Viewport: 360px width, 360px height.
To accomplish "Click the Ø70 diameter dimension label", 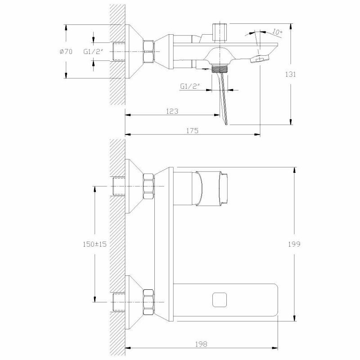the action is point(66,52).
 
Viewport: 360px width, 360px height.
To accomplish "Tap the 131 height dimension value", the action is point(291,75).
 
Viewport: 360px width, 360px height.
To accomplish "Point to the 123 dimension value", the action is point(172,111).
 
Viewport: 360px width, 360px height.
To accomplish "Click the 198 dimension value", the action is point(201,344).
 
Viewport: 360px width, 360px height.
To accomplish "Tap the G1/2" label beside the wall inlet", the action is point(93,52).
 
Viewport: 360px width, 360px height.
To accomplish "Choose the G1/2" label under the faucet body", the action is point(190,85).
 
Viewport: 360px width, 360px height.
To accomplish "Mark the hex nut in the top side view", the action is point(149,51).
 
